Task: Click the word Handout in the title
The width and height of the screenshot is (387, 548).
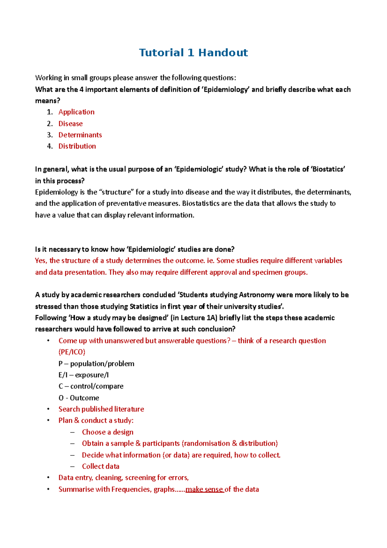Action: [x=223, y=53]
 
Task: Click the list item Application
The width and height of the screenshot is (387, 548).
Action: [x=76, y=112]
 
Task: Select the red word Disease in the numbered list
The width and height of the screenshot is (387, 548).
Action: [x=70, y=124]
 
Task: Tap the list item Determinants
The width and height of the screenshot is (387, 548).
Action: [x=80, y=135]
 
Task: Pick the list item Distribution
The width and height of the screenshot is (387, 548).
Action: [x=77, y=146]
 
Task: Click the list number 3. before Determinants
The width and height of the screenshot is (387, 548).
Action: [x=50, y=135]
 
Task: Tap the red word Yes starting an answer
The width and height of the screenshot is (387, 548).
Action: [x=41, y=260]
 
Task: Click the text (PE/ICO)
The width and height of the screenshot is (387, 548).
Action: [x=72, y=352]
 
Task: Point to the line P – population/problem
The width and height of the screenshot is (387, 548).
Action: [x=96, y=364]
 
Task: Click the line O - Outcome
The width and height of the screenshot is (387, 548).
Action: [x=79, y=398]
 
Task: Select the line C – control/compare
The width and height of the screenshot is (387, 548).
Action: [x=91, y=386]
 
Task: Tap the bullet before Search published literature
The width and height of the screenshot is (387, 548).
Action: [x=48, y=409]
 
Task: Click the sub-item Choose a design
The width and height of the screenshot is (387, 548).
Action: [x=107, y=432]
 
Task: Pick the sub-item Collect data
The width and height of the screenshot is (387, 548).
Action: [x=100, y=466]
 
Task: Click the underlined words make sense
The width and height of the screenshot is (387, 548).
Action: [x=204, y=489]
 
